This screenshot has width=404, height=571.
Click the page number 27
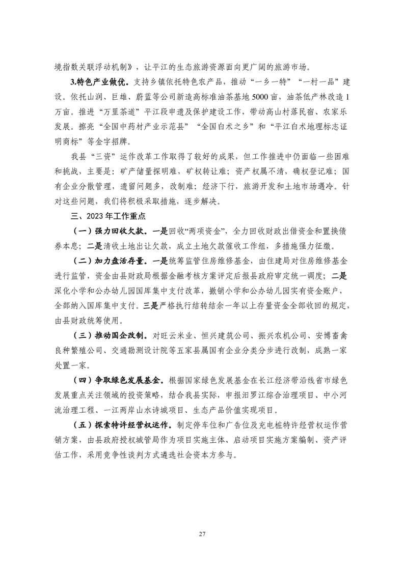click(202, 520)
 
